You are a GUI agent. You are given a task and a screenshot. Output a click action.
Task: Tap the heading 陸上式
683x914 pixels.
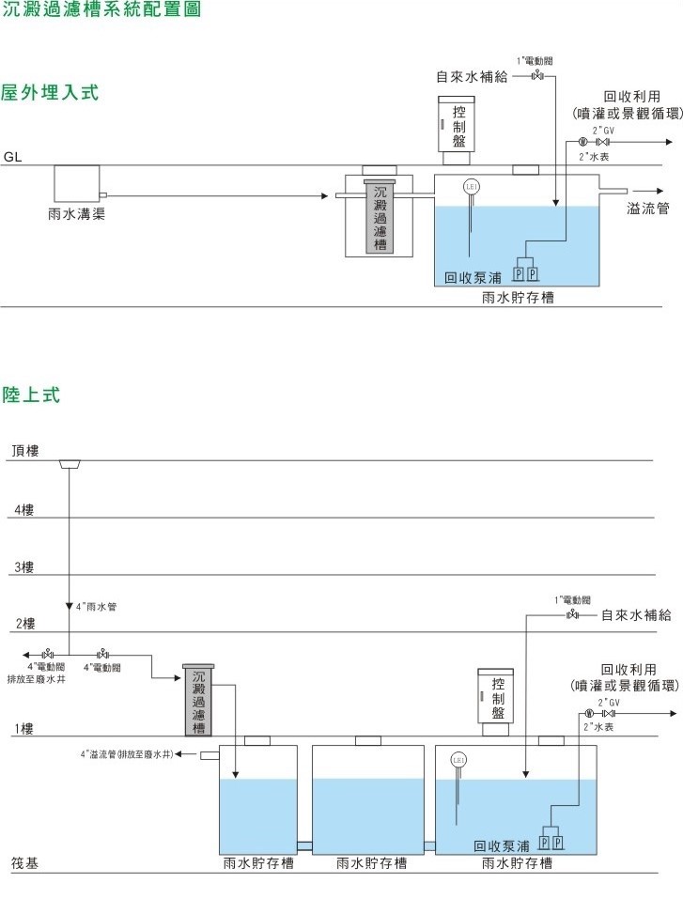31,395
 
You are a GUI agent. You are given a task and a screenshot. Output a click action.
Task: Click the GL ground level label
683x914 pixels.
12,157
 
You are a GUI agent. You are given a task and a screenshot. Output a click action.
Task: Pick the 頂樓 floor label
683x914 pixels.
25,451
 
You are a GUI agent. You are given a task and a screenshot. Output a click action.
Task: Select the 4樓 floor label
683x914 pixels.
23,509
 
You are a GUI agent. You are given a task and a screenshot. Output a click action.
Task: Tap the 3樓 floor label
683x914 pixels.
23,567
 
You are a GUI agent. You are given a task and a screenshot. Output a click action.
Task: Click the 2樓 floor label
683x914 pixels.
23,624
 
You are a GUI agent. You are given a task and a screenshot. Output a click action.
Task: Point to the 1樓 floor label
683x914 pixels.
23,728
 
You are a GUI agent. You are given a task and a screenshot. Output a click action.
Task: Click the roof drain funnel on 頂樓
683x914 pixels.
70,464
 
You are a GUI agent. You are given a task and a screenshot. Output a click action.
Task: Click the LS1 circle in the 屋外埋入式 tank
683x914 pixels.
473,187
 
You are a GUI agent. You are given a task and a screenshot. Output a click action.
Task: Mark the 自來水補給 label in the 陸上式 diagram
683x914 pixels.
636,616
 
